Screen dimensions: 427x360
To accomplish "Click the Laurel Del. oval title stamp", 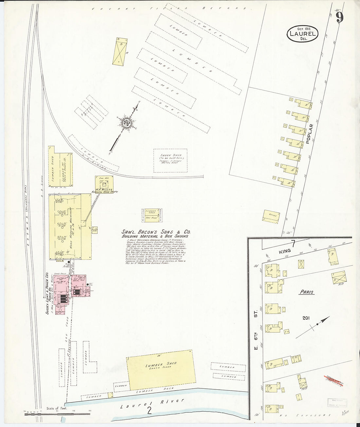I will click(302, 33).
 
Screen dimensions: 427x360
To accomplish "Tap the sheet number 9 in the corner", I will click(339, 17).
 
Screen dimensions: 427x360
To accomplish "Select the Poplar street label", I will click(310, 133).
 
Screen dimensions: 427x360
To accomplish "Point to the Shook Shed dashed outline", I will click(171, 161).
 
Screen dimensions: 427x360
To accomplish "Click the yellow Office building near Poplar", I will click(272, 216).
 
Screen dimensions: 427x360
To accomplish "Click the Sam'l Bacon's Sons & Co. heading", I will click(156, 232).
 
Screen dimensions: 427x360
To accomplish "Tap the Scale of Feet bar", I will click(57, 414).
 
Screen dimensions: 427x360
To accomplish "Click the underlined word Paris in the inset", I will click(307, 292).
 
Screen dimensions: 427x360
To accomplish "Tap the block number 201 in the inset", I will click(306, 317).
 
